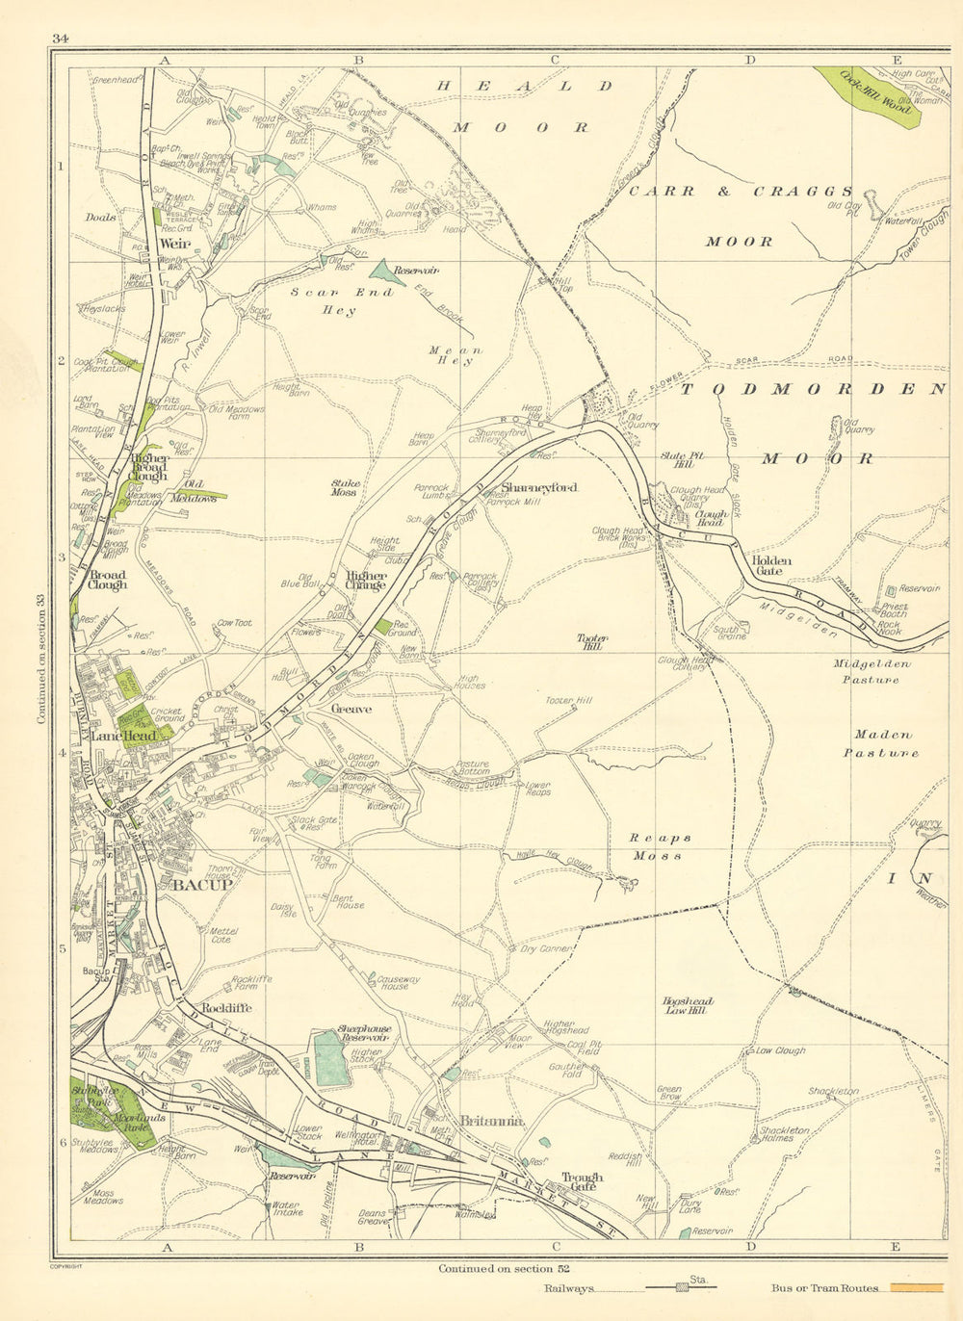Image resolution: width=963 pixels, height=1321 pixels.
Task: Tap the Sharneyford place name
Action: pyautogui.click(x=538, y=488)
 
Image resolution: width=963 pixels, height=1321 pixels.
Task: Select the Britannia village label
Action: pyautogui.click(x=491, y=1122)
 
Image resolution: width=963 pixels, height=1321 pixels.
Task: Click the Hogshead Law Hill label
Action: pyautogui.click(x=688, y=1006)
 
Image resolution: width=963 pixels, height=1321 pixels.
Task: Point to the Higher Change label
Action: pyautogui.click(x=366, y=581)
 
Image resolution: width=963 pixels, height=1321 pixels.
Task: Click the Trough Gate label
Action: pyautogui.click(x=583, y=1181)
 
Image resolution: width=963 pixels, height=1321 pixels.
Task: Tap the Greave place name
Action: pyautogui.click(x=351, y=709)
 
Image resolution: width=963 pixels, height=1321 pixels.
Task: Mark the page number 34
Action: pyautogui.click(x=61, y=39)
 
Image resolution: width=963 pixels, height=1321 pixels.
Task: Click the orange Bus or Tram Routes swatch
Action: pyautogui.click(x=916, y=1286)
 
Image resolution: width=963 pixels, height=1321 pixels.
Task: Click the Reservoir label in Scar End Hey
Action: pyautogui.click(x=416, y=272)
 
